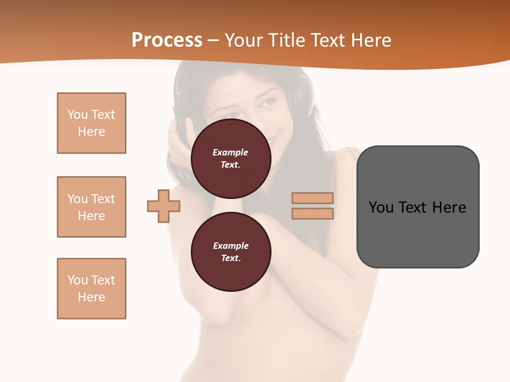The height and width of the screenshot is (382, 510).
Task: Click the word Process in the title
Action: click(167, 40)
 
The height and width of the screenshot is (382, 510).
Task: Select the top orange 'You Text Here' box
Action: click(91, 123)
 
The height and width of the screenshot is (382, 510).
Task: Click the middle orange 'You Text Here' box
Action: click(91, 207)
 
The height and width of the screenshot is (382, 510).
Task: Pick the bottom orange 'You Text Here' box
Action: click(91, 289)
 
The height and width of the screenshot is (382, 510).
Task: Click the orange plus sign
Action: click(164, 206)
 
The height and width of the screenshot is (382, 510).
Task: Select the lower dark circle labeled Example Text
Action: click(231, 251)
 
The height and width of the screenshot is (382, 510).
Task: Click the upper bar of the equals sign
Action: click(313, 198)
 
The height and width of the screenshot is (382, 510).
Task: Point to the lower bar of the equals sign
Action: click(313, 214)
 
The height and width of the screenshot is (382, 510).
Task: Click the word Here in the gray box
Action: click(449, 207)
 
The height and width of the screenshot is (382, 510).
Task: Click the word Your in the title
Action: click(244, 40)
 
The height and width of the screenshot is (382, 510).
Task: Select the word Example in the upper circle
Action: click(231, 152)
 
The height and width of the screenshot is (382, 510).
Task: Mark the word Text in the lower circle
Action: click(230, 258)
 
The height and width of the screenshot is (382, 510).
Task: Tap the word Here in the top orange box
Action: click(91, 132)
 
